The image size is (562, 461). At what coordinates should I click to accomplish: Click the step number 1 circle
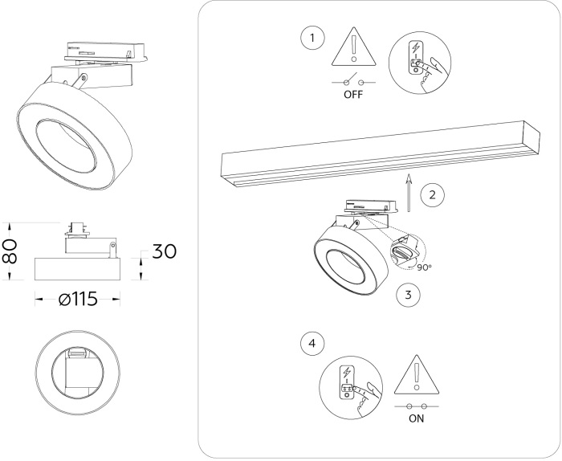(x=312, y=38)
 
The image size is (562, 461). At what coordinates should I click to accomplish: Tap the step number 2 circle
(x=433, y=194)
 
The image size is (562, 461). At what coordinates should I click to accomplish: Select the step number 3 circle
(x=409, y=295)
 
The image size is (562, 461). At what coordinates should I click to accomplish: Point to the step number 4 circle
(x=312, y=343)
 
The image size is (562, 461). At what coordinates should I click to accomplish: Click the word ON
(x=416, y=418)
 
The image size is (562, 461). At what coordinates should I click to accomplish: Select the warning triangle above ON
(x=416, y=375)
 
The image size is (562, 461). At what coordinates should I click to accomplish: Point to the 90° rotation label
(x=425, y=267)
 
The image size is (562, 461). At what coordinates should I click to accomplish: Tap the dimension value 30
(x=163, y=251)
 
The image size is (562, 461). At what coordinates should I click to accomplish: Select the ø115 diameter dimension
(x=78, y=299)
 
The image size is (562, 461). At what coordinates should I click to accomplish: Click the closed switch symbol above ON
(x=416, y=406)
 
